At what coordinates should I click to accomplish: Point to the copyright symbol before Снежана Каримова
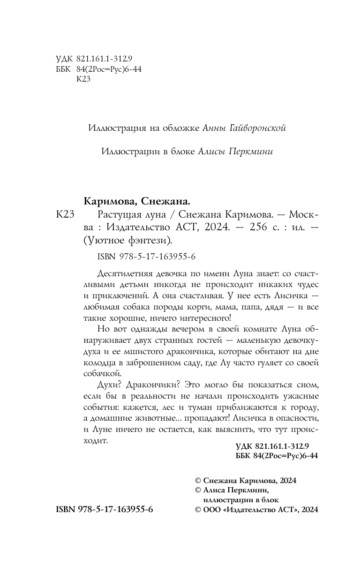pos(197,481)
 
